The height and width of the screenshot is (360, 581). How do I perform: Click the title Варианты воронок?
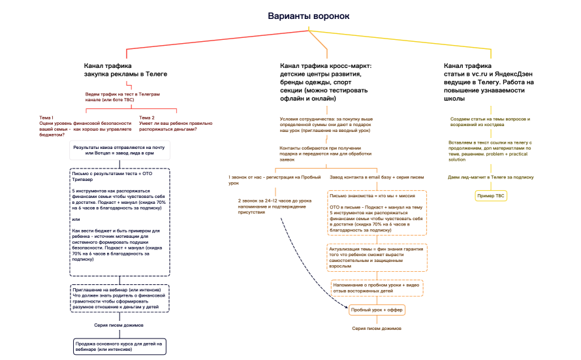(x=309, y=16)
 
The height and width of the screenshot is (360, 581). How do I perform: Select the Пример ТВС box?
(x=492, y=196)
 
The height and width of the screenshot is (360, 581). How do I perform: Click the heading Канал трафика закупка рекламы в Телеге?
(x=125, y=70)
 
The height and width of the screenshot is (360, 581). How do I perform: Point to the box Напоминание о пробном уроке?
(x=377, y=287)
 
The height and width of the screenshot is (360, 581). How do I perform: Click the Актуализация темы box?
(x=377, y=257)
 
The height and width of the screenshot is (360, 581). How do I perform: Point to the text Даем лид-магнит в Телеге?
(x=492, y=177)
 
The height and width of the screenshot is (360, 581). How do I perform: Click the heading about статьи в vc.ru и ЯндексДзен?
(x=490, y=82)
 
